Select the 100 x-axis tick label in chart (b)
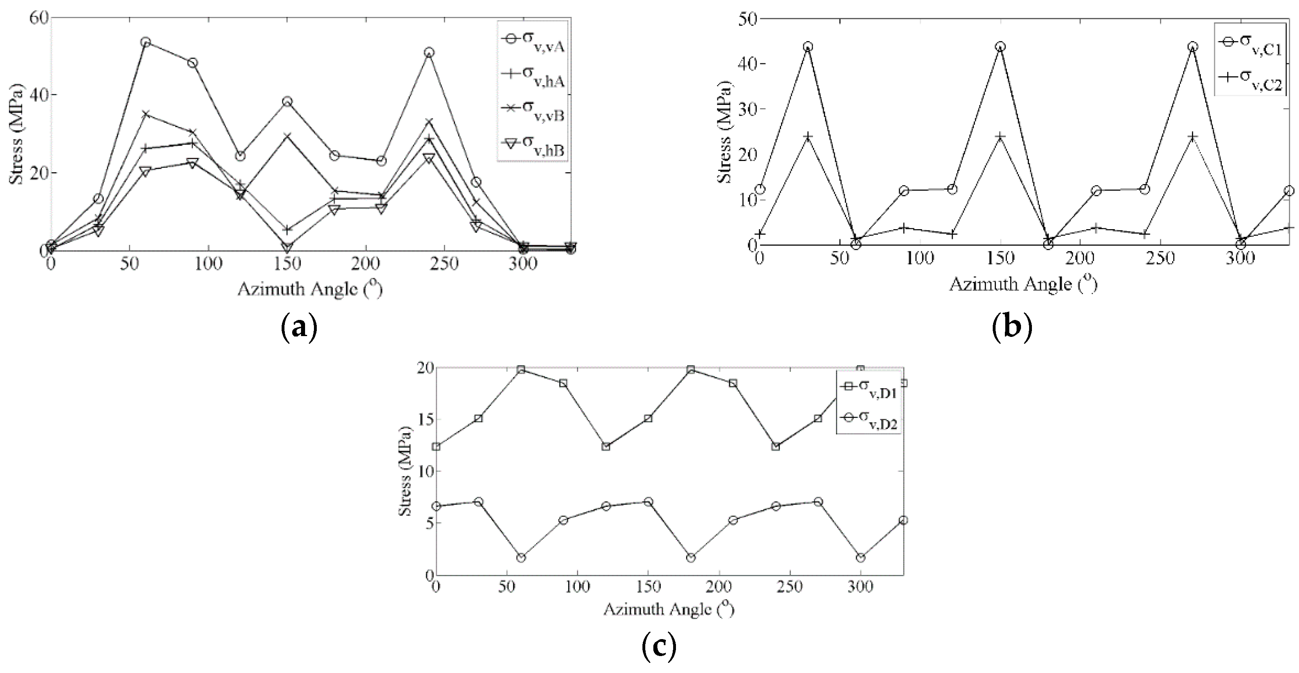click(x=919, y=258)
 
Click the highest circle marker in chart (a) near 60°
click(x=146, y=42)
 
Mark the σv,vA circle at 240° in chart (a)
click(x=429, y=52)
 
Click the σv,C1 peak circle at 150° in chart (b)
click(x=1000, y=47)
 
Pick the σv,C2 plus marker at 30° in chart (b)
click(x=808, y=137)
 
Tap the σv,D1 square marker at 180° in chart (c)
click(x=691, y=369)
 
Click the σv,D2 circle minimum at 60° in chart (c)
click(x=521, y=558)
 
